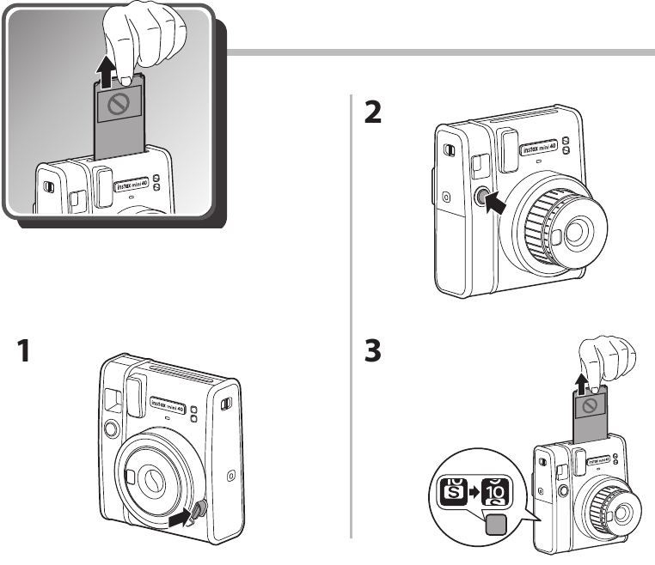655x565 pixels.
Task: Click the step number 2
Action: pyautogui.click(x=373, y=112)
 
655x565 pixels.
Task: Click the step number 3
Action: pyautogui.click(x=373, y=351)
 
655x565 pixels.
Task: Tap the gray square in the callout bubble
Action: pyautogui.click(x=497, y=526)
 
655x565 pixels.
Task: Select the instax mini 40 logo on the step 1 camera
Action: pyautogui.click(x=168, y=401)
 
